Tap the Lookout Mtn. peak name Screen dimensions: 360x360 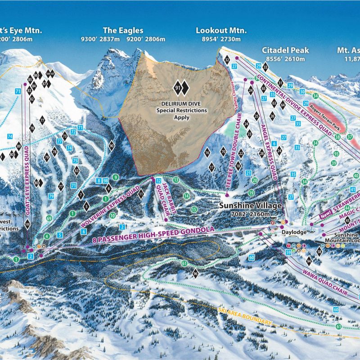point(221,31)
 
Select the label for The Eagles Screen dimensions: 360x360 point(123,31)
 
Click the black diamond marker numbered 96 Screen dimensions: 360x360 point(195,274)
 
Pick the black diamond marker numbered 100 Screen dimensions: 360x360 point(27,224)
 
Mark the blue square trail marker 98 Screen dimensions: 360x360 point(105,180)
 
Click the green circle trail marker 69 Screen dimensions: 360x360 point(49,218)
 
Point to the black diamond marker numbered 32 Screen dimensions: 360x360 point(227,60)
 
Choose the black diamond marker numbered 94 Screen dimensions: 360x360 point(309,261)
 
